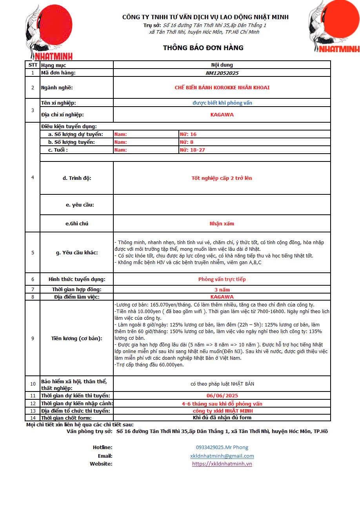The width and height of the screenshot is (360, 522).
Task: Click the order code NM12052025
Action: point(222,73)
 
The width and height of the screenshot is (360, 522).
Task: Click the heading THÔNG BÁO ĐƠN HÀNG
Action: point(203,48)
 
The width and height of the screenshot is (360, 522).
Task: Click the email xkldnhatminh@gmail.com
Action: point(222,456)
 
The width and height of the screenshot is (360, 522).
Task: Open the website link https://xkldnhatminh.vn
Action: point(222,464)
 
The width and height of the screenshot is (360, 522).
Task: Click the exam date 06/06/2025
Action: point(222,396)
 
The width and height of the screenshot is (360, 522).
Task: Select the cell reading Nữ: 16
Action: point(188,134)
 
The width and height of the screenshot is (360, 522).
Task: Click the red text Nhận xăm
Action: point(222,224)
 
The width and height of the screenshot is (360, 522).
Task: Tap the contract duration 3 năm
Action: point(222,290)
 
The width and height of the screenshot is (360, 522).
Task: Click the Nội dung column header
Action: point(222,65)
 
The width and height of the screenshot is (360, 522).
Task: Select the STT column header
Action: point(33,65)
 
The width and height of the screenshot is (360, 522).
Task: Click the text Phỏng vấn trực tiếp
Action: point(222,279)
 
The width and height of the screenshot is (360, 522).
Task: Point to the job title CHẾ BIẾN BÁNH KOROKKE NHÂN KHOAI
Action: point(222,88)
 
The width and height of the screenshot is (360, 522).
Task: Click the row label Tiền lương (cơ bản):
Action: point(76,338)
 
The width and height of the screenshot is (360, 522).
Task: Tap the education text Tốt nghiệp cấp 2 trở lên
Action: point(222,178)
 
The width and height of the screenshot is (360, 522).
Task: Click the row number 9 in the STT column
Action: point(33,338)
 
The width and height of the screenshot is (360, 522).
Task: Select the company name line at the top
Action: point(205,17)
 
